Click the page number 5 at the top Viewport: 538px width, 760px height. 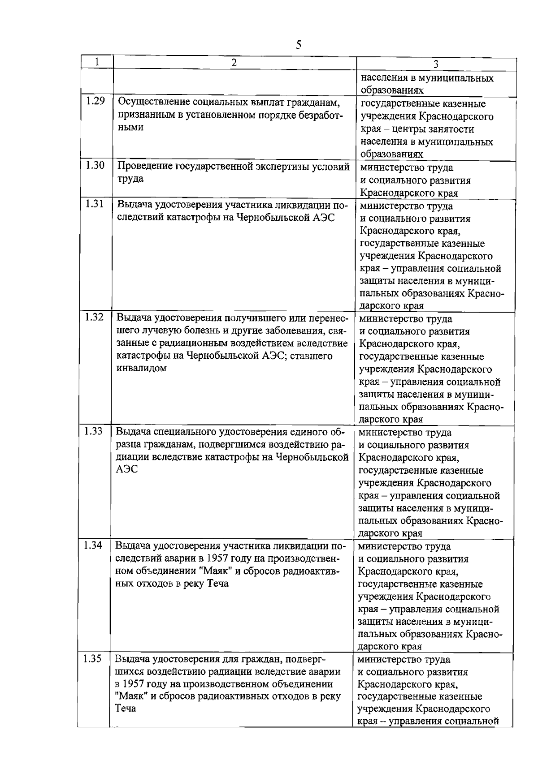click(x=299, y=44)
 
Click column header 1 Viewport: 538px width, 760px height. click(x=97, y=61)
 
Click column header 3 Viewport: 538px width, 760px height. click(x=435, y=64)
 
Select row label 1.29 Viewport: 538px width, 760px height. click(x=95, y=101)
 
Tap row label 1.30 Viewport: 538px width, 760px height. click(x=95, y=165)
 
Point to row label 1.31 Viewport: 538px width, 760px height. click(x=95, y=204)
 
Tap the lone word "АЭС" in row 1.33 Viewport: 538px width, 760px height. click(x=126, y=469)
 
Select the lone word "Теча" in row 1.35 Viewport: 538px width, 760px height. click(x=126, y=709)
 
